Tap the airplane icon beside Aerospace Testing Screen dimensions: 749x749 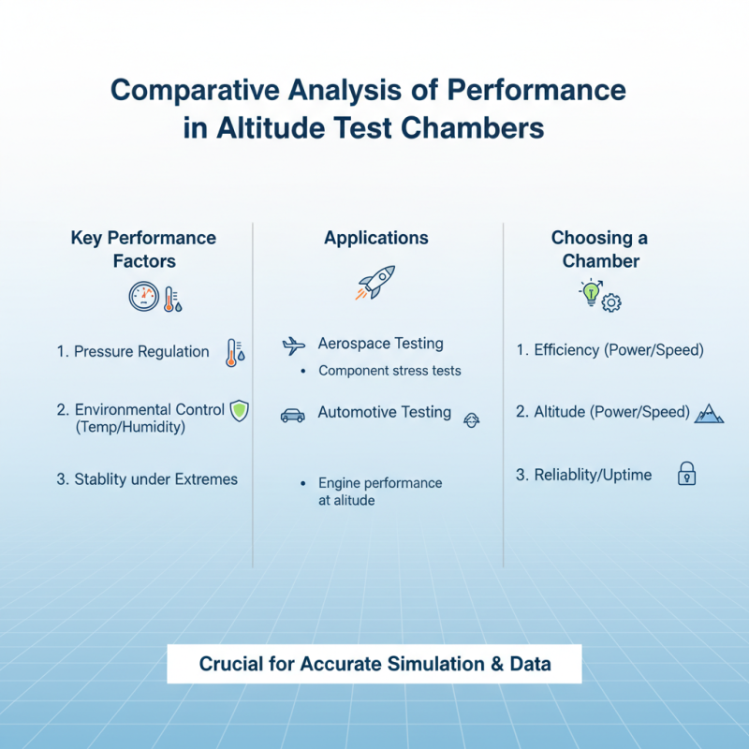pyautogui.click(x=294, y=345)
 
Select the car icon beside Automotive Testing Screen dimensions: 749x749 pyautogui.click(x=293, y=415)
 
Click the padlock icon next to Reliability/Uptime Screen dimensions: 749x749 pyautogui.click(x=687, y=475)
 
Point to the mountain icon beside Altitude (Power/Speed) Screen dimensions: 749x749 pyautogui.click(x=709, y=413)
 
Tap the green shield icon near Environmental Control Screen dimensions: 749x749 pyautogui.click(x=240, y=409)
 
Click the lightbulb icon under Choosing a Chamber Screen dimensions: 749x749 pyautogui.click(x=591, y=292)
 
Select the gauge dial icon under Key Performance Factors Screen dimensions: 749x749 pyautogui.click(x=144, y=297)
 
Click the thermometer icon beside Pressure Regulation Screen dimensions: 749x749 pyautogui.click(x=232, y=352)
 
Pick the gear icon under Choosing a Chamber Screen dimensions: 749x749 pyautogui.click(x=612, y=302)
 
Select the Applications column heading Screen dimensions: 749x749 pyautogui.click(x=376, y=239)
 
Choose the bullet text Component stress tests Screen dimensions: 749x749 pyautogui.click(x=389, y=371)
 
